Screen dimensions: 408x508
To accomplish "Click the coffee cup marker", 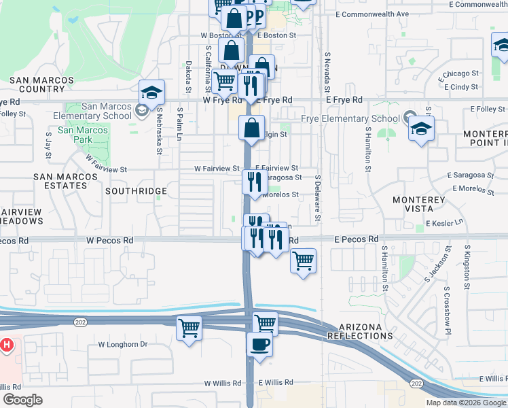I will click(259, 344).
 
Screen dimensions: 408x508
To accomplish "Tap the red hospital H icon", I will click(7, 345).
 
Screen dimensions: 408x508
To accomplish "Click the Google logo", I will click(22, 400).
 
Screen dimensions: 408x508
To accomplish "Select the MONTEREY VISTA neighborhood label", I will click(419, 205).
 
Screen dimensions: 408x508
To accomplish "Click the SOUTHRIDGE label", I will click(132, 191).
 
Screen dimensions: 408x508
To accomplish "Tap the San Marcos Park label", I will click(83, 135).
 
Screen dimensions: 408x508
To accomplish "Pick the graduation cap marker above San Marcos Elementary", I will click(151, 92).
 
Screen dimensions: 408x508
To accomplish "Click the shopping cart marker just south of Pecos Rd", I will click(303, 260).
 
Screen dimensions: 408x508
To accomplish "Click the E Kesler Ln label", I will click(444, 223).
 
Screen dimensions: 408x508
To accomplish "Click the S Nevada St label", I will click(327, 73).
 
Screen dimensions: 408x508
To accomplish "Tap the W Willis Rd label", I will click(223, 383).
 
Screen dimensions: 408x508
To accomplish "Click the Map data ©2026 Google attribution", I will click(466, 403).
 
